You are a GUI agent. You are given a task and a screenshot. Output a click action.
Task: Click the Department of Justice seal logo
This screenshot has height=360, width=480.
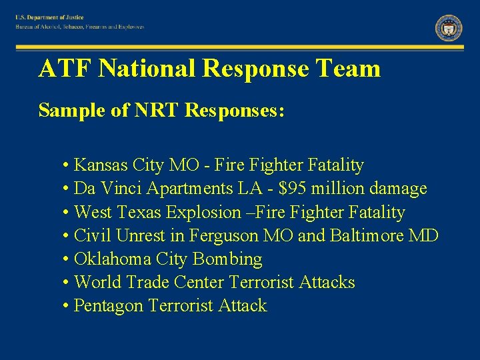coord(449,27)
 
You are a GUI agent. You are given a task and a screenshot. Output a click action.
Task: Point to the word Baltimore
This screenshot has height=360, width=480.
coord(363,235)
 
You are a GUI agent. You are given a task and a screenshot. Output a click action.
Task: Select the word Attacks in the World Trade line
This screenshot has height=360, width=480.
coord(327,282)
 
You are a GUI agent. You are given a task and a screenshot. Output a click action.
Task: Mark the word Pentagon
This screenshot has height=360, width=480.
coord(109,306)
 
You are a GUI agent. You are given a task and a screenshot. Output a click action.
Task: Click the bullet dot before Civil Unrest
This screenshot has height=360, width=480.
coord(67,236)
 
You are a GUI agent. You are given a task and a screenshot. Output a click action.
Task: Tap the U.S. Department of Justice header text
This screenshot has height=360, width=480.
coord(51,17)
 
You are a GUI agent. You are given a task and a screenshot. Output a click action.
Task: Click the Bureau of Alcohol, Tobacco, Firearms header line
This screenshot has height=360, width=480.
coord(81,27)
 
